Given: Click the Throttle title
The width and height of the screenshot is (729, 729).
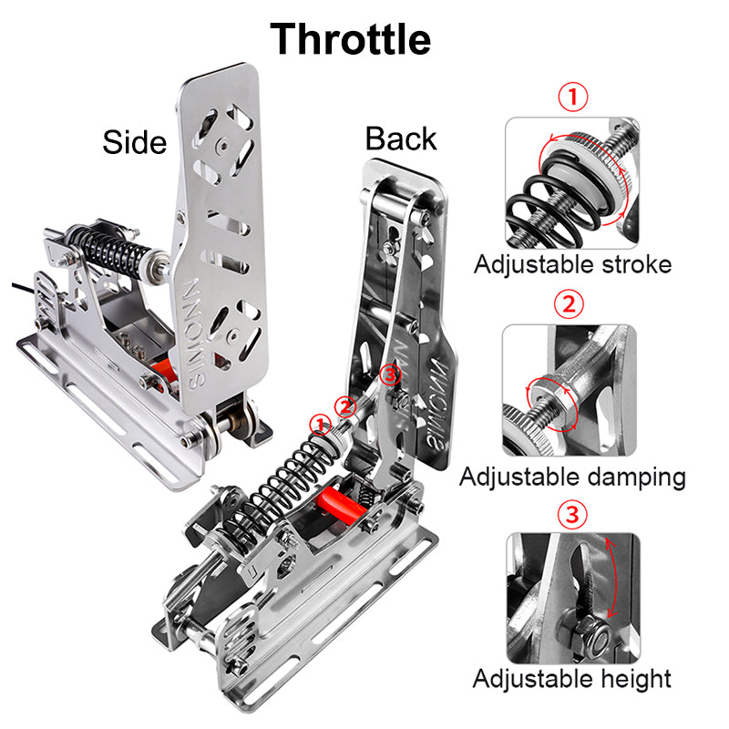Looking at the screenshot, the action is [x=350, y=39].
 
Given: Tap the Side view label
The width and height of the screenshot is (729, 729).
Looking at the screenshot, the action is [x=134, y=142].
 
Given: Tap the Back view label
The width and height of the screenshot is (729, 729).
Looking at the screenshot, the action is [x=401, y=139].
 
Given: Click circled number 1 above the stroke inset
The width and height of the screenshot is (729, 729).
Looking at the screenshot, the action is [x=573, y=97].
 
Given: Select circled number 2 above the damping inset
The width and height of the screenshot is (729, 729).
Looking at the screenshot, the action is [x=569, y=304].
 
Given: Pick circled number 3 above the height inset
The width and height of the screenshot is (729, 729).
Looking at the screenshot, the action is [x=572, y=514].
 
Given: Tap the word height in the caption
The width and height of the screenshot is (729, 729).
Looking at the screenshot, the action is [x=636, y=679].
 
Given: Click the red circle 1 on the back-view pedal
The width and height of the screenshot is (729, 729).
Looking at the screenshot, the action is [x=321, y=425].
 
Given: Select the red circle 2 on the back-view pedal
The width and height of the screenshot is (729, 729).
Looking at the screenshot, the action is [x=345, y=407].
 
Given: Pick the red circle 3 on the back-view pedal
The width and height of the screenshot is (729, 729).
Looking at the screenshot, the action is [x=390, y=375].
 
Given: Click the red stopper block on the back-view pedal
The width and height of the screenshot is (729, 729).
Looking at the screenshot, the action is [x=340, y=505].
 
